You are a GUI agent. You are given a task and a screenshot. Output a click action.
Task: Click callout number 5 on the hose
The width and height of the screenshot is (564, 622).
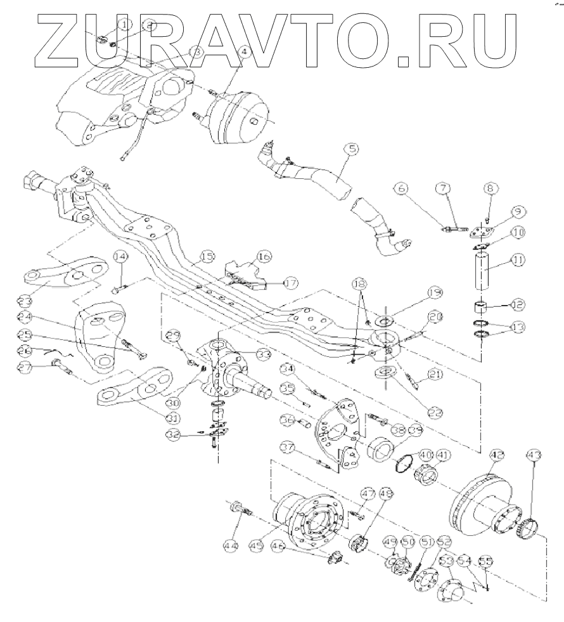[x=352, y=150]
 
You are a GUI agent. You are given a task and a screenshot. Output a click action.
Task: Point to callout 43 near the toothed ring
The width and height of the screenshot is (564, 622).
[x=534, y=455]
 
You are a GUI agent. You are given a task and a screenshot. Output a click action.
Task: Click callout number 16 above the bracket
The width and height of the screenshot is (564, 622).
[x=263, y=256]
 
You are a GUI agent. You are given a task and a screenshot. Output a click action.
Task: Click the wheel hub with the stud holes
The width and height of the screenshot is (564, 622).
[x=311, y=520]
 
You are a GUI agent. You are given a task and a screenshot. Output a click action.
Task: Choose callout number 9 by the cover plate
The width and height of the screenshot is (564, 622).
[x=518, y=211]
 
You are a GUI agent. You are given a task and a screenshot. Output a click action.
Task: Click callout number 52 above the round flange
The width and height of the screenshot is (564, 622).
[x=444, y=543]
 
